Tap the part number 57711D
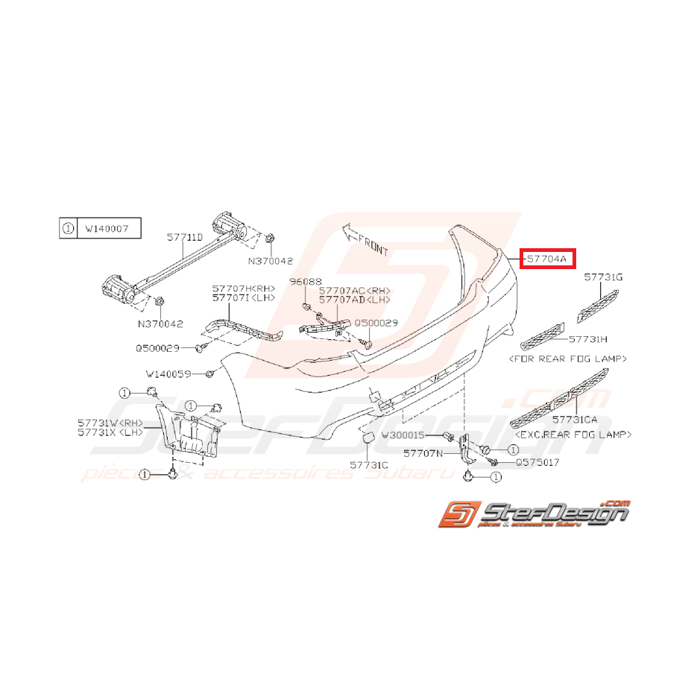point(184,237)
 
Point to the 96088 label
point(304,283)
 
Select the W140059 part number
point(168,373)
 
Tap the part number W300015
point(402,435)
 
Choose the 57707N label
point(422,452)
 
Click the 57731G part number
point(602,277)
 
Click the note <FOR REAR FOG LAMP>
point(567,359)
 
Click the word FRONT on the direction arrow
point(373,245)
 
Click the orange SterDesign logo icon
point(455,515)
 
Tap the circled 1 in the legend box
point(68,229)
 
